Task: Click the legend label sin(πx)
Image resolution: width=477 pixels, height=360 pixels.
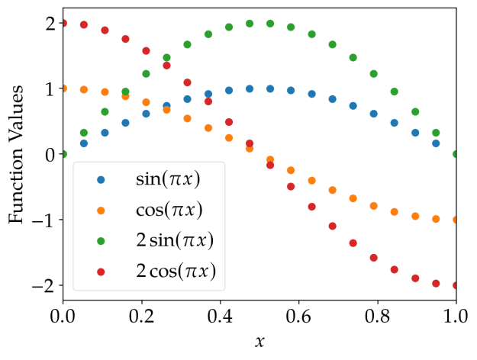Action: click(173, 180)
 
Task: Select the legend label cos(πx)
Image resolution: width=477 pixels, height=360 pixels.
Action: click(173, 210)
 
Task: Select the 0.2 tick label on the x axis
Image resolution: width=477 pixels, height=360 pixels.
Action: click(141, 314)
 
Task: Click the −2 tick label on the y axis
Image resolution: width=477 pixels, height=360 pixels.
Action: click(44, 285)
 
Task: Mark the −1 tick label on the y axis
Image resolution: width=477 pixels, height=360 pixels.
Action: click(44, 220)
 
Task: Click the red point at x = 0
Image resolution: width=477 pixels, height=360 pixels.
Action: click(63, 24)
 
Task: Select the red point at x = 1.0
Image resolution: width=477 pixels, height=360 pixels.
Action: click(456, 285)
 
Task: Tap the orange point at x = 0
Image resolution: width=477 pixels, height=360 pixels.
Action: click(63, 88)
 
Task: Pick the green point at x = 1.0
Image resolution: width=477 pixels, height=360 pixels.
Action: click(456, 154)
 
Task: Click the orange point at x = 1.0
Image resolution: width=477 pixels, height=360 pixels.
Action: click(456, 220)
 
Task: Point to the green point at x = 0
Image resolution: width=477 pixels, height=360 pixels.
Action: click(63, 154)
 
